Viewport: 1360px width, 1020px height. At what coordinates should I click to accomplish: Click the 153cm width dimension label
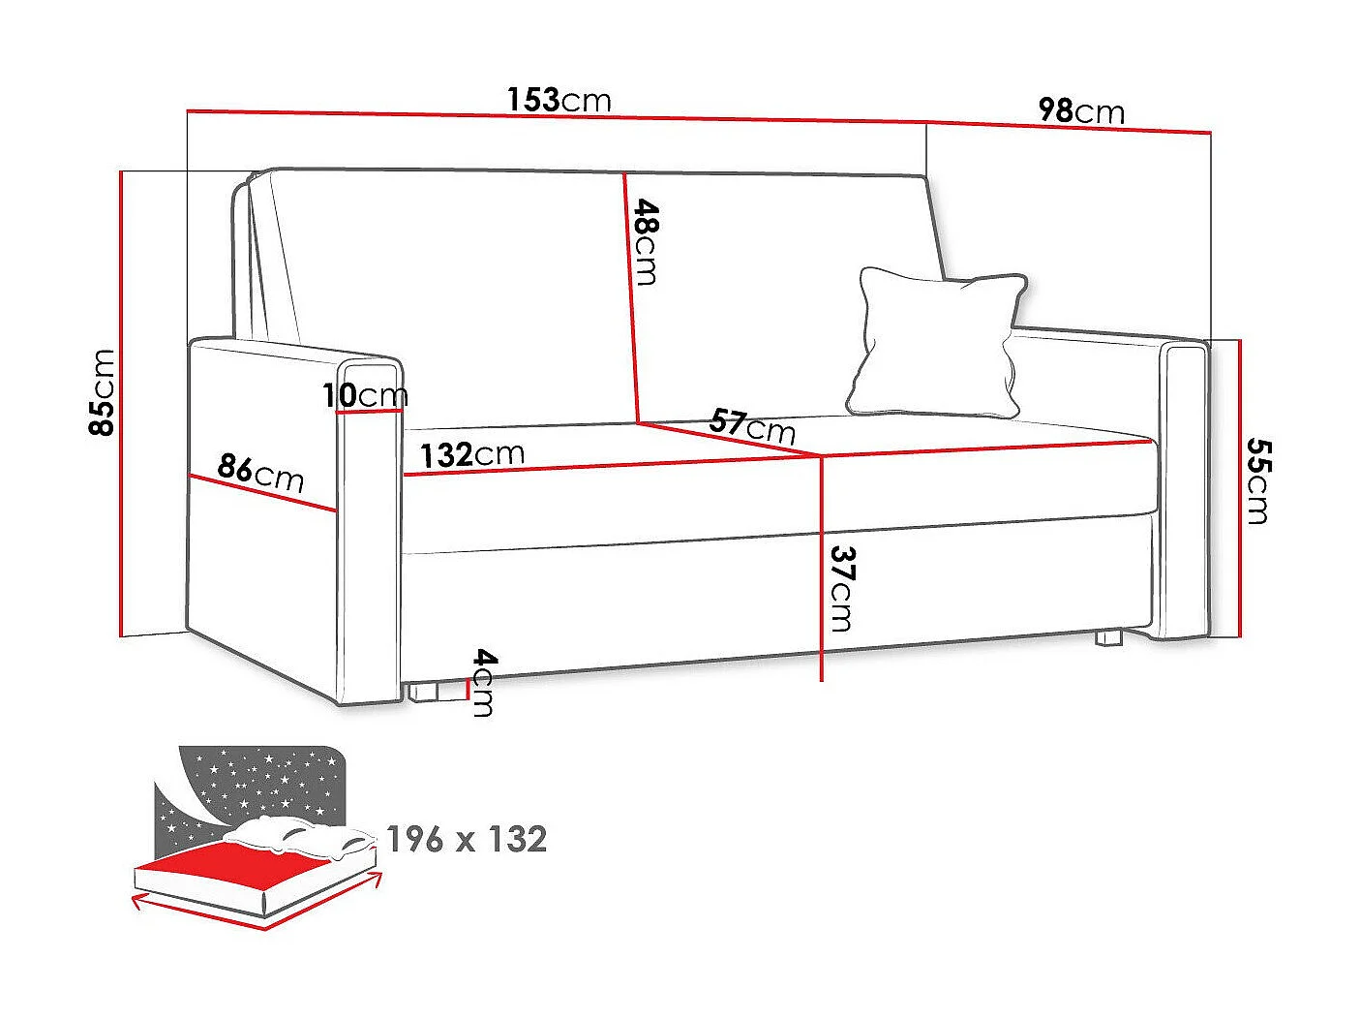pos(559,100)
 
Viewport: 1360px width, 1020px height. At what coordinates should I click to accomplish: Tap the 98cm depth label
pos(1081,111)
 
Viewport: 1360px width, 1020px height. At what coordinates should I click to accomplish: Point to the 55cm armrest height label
pos(1256,480)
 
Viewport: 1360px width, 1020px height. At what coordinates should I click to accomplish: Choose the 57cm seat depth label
pos(751,426)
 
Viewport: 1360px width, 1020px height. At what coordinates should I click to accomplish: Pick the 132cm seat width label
pos(471,453)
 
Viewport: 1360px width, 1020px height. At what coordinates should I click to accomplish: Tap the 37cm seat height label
pos(840,588)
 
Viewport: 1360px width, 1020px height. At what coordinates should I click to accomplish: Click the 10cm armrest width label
pos(366,395)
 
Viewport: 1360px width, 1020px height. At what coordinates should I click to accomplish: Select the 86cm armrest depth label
pos(260,473)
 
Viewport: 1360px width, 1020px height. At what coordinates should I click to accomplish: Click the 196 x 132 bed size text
pos(467,839)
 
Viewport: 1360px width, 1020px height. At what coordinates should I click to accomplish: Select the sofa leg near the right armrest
pos(1108,638)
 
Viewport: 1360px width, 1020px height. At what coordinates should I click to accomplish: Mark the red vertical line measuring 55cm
pos(1239,488)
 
